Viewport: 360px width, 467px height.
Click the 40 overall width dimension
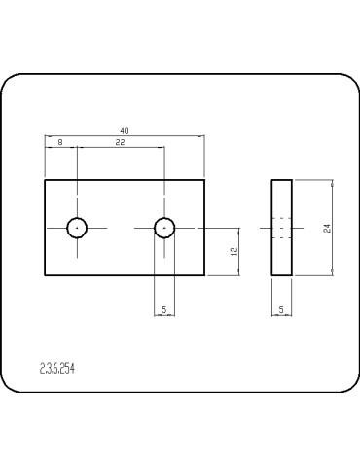[x=124, y=129]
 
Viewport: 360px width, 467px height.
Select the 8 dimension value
[x=60, y=142]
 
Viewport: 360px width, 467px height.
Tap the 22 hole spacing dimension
[x=120, y=142]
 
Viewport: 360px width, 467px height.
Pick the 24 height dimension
[x=328, y=228]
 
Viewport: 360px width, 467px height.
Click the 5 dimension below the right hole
[x=163, y=309]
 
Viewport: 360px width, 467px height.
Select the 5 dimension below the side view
[x=281, y=309]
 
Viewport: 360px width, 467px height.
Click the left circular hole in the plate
[x=77, y=228]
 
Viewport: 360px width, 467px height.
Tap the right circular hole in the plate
[x=163, y=228]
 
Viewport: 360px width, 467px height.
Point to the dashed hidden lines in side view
[x=281, y=228]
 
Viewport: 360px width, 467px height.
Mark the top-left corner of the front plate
[x=45, y=179]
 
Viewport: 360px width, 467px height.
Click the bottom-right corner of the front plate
[x=204, y=276]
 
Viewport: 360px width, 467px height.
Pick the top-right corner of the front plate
[x=204, y=179]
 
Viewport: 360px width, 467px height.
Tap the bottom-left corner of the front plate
[x=45, y=276]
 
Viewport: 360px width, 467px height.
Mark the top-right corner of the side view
[x=292, y=179]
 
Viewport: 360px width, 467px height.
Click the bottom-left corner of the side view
[x=271, y=276]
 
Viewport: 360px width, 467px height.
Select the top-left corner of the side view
[x=271, y=179]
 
